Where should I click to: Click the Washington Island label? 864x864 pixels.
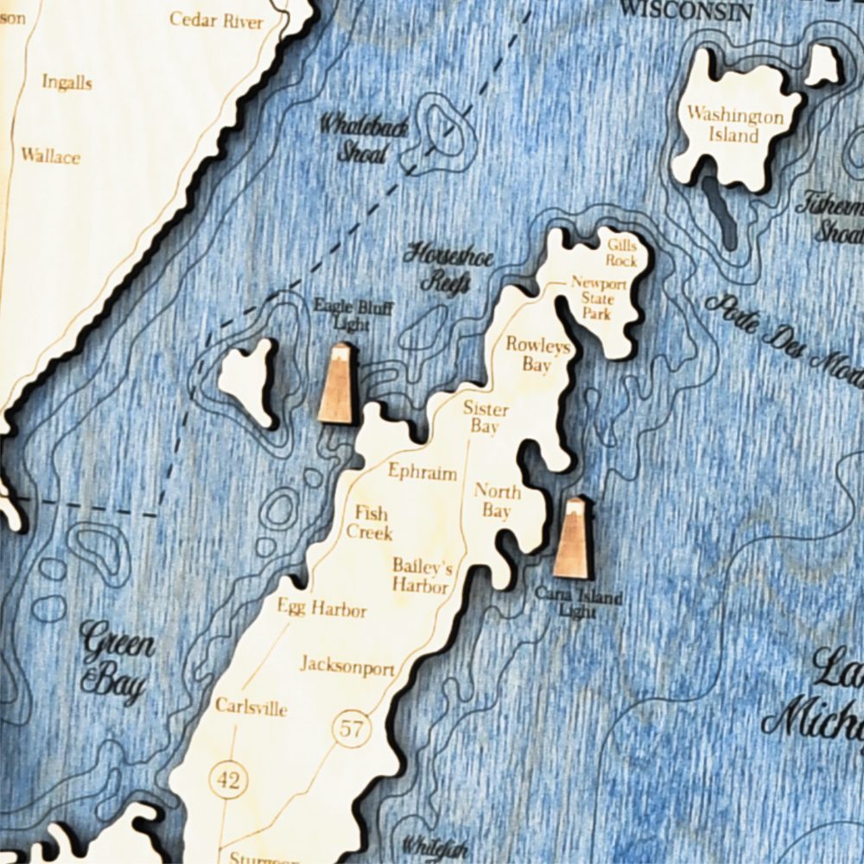click(735, 125)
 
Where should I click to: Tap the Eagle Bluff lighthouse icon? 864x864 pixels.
click(338, 384)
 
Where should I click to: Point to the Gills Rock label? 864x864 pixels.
click(622, 253)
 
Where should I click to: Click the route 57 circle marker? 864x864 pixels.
click(351, 728)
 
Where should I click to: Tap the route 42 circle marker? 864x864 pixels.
click(228, 781)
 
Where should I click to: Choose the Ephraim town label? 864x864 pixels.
click(422, 472)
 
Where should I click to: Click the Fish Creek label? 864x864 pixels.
click(370, 522)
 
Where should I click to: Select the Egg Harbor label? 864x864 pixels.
click(321, 609)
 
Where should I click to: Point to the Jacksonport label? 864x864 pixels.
click(347, 667)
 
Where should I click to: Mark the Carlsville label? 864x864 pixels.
click(251, 708)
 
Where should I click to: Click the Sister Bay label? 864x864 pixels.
click(486, 417)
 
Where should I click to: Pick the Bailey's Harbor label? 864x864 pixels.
click(422, 575)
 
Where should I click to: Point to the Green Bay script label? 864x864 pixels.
click(117, 661)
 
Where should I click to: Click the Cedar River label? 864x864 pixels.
click(216, 20)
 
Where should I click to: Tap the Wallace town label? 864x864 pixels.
click(50, 156)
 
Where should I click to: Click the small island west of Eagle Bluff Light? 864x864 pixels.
click(248, 380)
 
